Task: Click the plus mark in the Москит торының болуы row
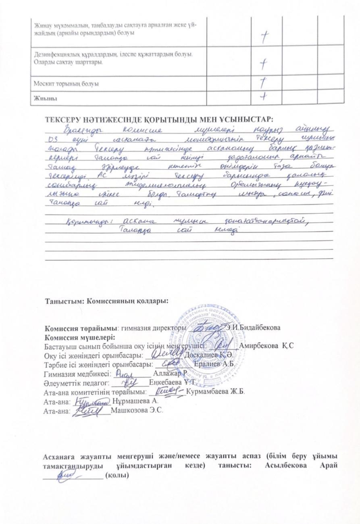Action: [x=262, y=82]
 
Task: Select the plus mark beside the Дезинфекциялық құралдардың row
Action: [x=263, y=63]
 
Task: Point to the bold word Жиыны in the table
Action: [x=40, y=98]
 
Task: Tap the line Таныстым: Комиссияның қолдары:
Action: [x=106, y=301]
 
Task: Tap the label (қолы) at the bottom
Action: [x=117, y=476]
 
